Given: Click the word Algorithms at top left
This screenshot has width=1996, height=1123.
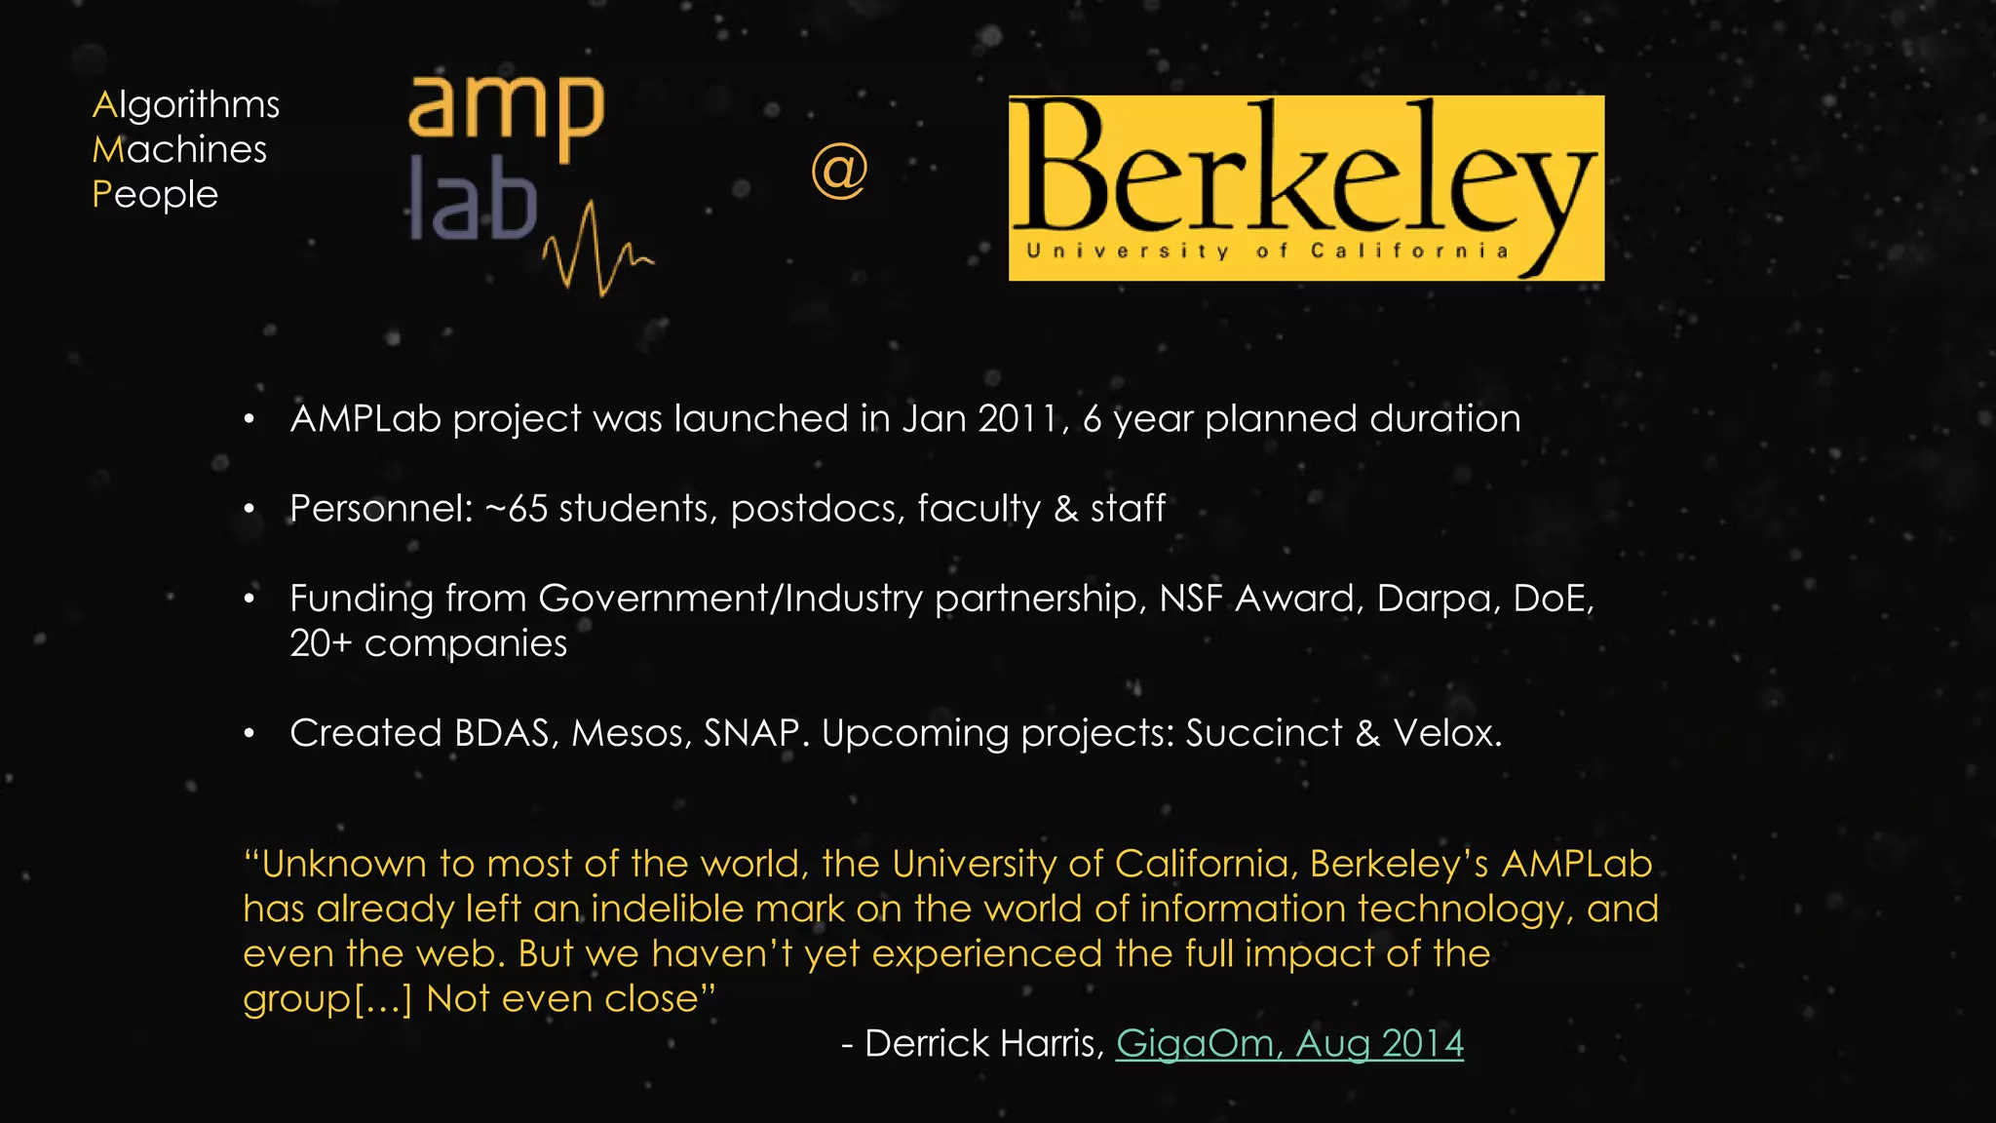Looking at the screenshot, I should [185, 105].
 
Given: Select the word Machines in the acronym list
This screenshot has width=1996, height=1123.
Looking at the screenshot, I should [179, 150].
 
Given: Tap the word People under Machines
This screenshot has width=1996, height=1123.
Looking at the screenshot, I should [155, 195].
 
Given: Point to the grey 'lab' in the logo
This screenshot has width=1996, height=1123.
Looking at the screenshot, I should [473, 199].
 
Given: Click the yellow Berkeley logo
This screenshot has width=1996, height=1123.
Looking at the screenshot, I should [1305, 187].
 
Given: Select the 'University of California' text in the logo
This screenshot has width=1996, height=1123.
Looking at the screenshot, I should [1267, 252].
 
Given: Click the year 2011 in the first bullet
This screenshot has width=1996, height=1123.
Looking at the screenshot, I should [1018, 419].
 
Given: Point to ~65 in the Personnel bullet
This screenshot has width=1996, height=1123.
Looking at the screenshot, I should [516, 509].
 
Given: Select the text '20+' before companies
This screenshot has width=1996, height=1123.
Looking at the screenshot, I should [321, 643].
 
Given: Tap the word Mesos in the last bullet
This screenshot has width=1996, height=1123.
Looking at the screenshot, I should [631, 733].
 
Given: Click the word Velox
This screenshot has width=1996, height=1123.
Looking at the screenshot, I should [1446, 733].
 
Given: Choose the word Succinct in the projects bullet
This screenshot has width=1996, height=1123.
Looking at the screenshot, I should [1263, 733].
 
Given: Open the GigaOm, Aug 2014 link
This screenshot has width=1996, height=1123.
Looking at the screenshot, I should [1289, 1044].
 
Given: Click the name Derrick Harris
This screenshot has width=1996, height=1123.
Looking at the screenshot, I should [983, 1044].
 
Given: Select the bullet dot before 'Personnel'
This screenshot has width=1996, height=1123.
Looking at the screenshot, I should [249, 509].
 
